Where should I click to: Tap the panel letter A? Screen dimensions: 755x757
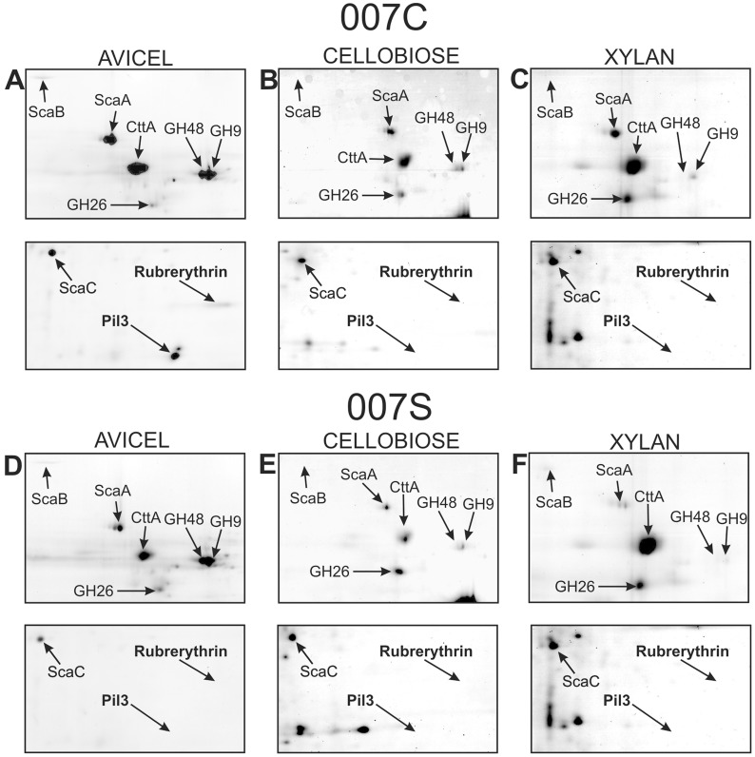pos(14,82)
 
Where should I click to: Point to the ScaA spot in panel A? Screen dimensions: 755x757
pos(108,139)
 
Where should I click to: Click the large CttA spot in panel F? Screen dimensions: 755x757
pos(649,545)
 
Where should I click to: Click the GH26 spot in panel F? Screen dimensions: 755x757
pos(641,584)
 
